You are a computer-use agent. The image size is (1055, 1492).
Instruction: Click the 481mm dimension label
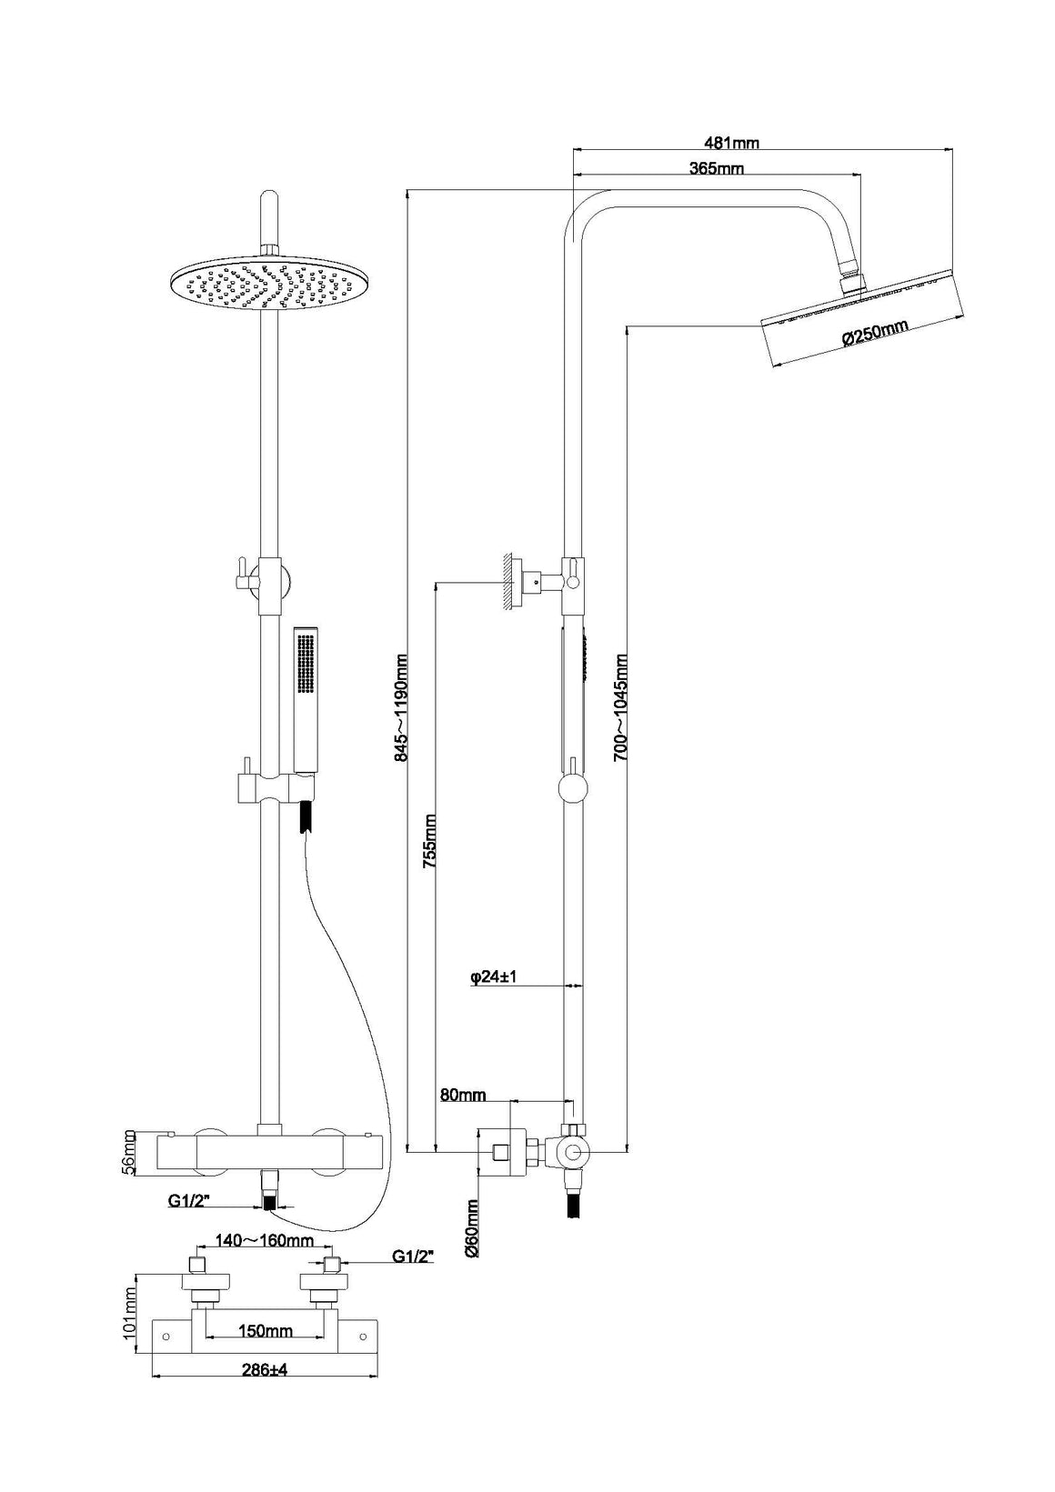pos(731,142)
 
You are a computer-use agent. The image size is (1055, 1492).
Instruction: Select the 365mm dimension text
pos(716,168)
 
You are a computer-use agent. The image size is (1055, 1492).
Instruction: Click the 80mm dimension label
pos(463,1095)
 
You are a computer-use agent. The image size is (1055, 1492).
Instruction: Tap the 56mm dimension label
pos(129,1153)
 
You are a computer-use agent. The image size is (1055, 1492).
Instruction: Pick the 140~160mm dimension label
pos(263,1239)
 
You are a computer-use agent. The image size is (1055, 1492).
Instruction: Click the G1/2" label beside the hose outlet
pos(188,1201)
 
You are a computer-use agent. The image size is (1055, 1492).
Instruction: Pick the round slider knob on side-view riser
pos(573,787)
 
